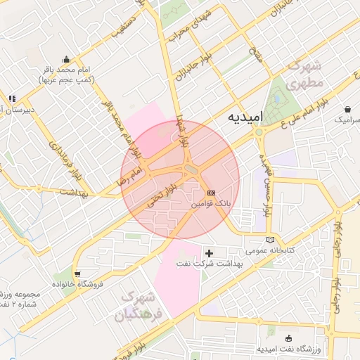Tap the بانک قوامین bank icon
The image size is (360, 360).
coord(212,192)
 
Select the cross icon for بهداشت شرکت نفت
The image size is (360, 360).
coord(209,252)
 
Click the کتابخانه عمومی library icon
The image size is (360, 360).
coord(271,240)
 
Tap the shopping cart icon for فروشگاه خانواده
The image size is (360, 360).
coord(77,274)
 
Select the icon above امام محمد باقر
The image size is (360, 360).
coord(66,59)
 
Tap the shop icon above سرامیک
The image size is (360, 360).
coord(349,109)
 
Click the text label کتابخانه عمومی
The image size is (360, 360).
coord(266,250)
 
